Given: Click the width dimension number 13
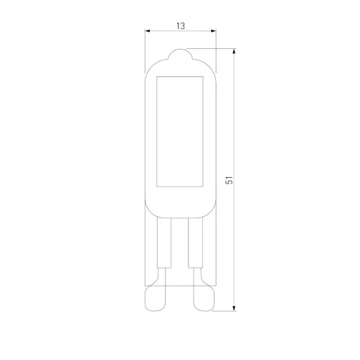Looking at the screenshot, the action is [181, 26].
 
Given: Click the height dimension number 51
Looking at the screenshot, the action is [230, 180].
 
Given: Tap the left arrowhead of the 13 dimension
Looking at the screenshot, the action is [148, 31].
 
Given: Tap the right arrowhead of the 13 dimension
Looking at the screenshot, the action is [213, 31].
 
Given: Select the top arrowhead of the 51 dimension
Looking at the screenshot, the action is [234, 51].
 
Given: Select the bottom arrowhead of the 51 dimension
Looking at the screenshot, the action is [234, 308].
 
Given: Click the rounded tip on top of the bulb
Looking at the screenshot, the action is [181, 53].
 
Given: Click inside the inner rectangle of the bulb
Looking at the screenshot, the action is [180, 132].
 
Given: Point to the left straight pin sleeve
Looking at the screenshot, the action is [164, 243].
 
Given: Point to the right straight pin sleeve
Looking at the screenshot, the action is [195, 243].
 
